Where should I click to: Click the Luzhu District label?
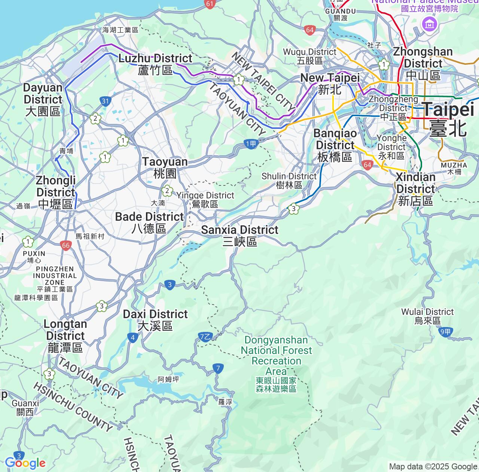(x=155, y=64)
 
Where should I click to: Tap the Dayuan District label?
(x=43, y=99)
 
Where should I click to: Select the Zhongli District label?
(x=56, y=192)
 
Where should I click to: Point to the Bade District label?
(x=149, y=222)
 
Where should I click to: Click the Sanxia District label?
(x=239, y=235)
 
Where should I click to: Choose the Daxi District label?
(x=155, y=320)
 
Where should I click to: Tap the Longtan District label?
(x=65, y=336)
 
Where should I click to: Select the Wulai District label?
(x=427, y=316)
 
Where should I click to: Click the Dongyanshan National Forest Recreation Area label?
(x=276, y=364)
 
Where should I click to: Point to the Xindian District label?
(x=415, y=189)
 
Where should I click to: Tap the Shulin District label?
(x=289, y=180)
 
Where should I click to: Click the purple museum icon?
(x=429, y=25)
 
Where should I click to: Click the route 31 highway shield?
(x=105, y=101)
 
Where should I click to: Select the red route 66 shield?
(x=66, y=246)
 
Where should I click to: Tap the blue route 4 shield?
(x=133, y=338)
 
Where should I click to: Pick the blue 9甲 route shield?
(x=446, y=332)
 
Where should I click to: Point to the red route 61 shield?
(x=210, y=4)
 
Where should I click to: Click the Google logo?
(x=25, y=463)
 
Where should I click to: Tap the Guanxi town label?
(x=25, y=408)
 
